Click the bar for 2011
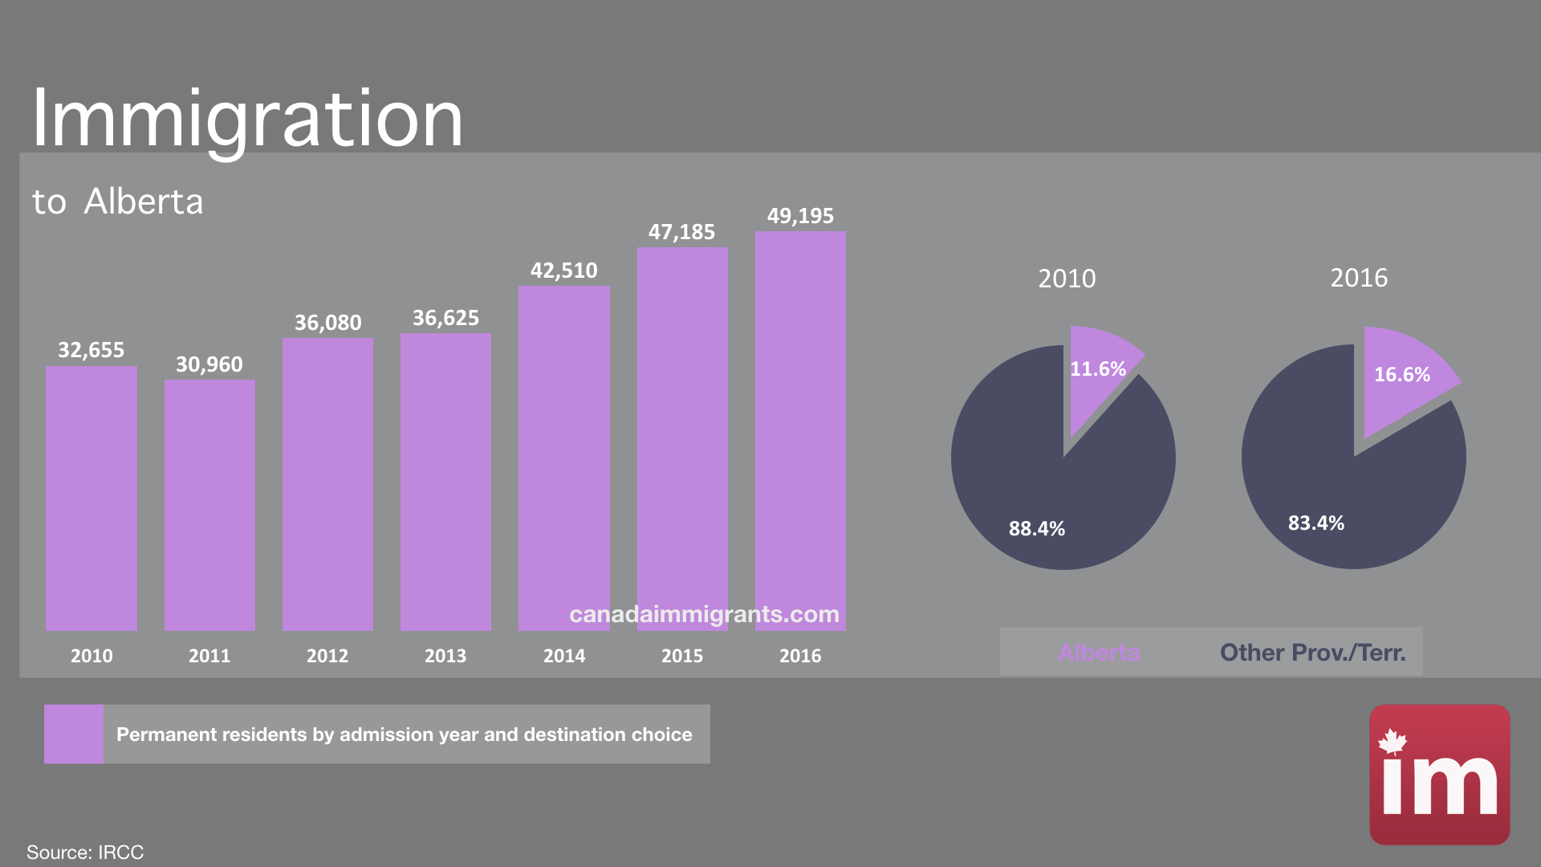click(x=209, y=506)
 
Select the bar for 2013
click(x=445, y=482)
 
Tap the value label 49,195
click(x=800, y=216)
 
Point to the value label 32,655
click(x=91, y=350)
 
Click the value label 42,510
click(x=563, y=271)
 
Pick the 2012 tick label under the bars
click(x=327, y=656)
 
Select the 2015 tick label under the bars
click(x=682, y=656)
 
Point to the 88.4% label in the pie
click(x=1037, y=529)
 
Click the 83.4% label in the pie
click(x=1316, y=523)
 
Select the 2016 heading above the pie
click(x=1359, y=278)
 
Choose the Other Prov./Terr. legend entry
click(x=1312, y=653)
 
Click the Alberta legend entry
click(x=1099, y=653)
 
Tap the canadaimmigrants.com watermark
click(x=704, y=614)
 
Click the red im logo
click(x=1439, y=775)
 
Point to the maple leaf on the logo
click(x=1393, y=742)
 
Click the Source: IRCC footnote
click(x=85, y=852)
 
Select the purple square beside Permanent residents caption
click(x=74, y=734)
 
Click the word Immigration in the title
click(x=247, y=119)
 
